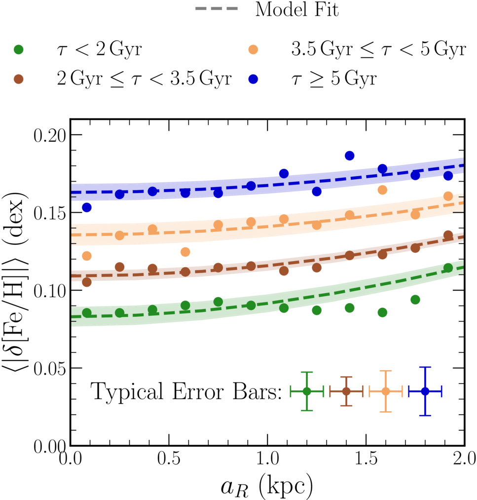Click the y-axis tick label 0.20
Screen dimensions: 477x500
coord(49,135)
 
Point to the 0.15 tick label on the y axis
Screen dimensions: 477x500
coord(49,213)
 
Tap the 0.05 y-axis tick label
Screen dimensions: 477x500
coord(49,369)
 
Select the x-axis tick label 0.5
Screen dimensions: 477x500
coord(169,458)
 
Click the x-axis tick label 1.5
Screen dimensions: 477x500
coord(366,458)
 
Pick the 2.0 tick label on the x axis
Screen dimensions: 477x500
coord(465,458)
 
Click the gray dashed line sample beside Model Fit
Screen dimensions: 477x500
coord(217,8)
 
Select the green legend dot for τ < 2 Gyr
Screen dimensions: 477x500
coord(19,49)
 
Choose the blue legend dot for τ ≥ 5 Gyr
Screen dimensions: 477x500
coord(253,79)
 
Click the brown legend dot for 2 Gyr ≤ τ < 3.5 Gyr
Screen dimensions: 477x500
coord(19,79)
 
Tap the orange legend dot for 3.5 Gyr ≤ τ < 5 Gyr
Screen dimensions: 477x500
coord(253,49)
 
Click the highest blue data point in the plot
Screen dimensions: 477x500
coord(350,155)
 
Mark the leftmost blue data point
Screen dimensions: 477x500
coord(87,208)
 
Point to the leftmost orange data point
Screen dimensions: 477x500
coord(87,256)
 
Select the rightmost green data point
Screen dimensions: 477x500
coord(448,268)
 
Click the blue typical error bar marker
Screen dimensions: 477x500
coord(425,391)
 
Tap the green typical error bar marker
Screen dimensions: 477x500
coord(307,391)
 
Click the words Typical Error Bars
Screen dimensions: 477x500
coord(186,391)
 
